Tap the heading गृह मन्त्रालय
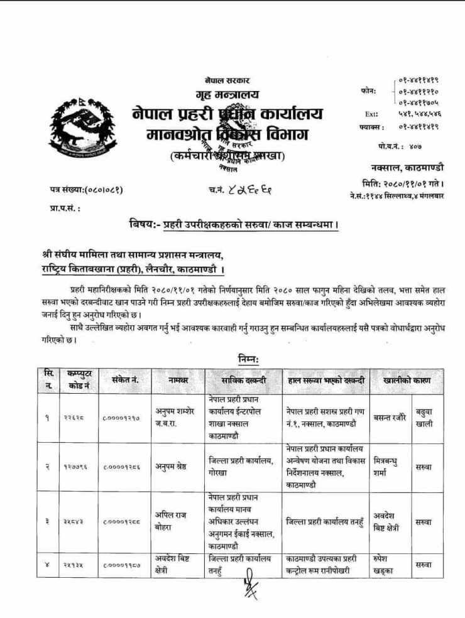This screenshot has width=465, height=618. coord(227,97)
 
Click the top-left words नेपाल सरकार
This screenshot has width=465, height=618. coord(227,82)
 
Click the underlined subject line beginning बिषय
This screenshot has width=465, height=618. coord(234,224)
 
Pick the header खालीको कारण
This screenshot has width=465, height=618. coord(405,379)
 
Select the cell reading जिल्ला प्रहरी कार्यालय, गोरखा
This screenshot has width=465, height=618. coord(242,467)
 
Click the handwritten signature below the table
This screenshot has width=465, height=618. coord(251,590)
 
